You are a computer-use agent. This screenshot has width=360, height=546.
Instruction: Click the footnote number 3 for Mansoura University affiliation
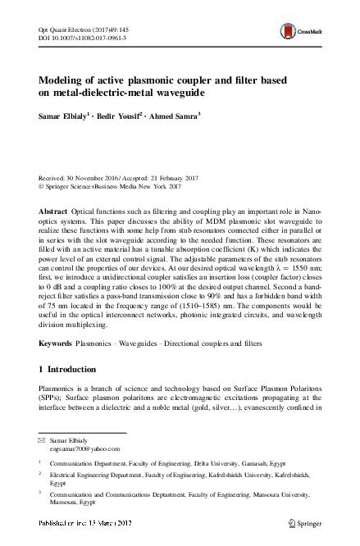pyautogui.click(x=40, y=494)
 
